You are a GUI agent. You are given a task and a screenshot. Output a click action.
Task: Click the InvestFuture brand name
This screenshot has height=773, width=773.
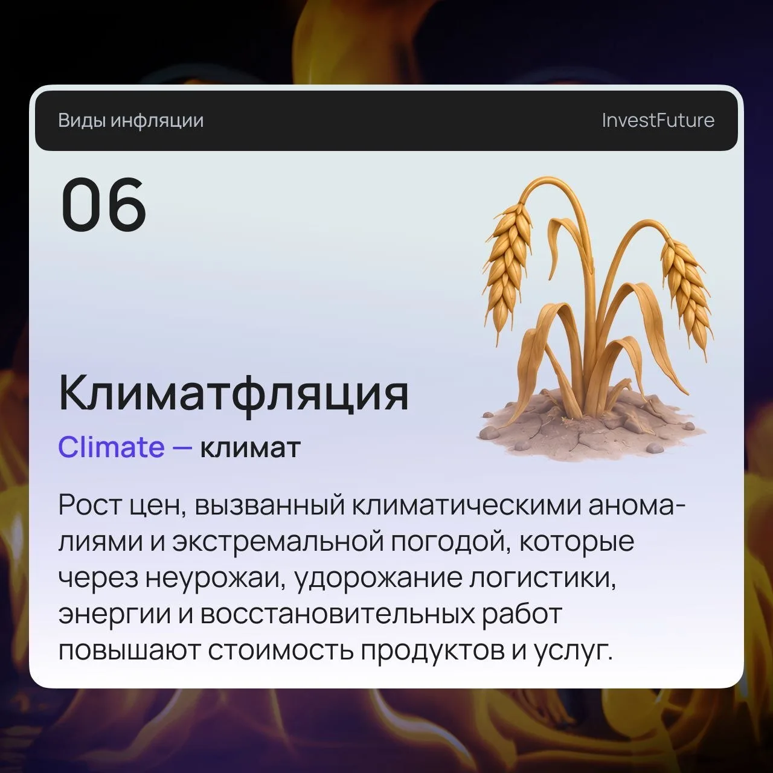[658, 120]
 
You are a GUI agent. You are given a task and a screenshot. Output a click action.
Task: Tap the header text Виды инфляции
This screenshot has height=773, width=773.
[131, 121]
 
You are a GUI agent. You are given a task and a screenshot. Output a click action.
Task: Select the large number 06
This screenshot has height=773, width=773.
[103, 205]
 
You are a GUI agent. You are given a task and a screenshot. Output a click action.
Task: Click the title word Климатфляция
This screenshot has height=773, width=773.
[234, 393]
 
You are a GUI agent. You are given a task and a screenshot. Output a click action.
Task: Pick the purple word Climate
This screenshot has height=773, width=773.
[112, 447]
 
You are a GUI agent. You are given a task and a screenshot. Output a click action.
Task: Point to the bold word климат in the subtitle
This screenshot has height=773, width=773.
[250, 447]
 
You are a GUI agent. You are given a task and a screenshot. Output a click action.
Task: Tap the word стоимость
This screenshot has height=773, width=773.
[280, 651]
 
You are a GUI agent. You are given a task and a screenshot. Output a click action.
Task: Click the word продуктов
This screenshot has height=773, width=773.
[432, 652]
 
